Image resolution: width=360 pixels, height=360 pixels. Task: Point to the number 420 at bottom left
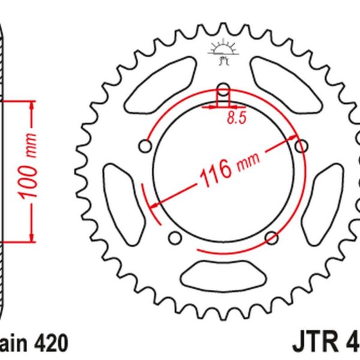tap(52, 343)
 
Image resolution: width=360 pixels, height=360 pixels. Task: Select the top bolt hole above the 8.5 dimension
tap(223, 91)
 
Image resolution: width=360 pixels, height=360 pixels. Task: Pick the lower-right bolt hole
tap(271, 236)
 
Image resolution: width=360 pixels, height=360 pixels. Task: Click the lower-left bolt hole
tap(175, 238)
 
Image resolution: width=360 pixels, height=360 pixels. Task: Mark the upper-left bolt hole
tap(144, 146)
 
